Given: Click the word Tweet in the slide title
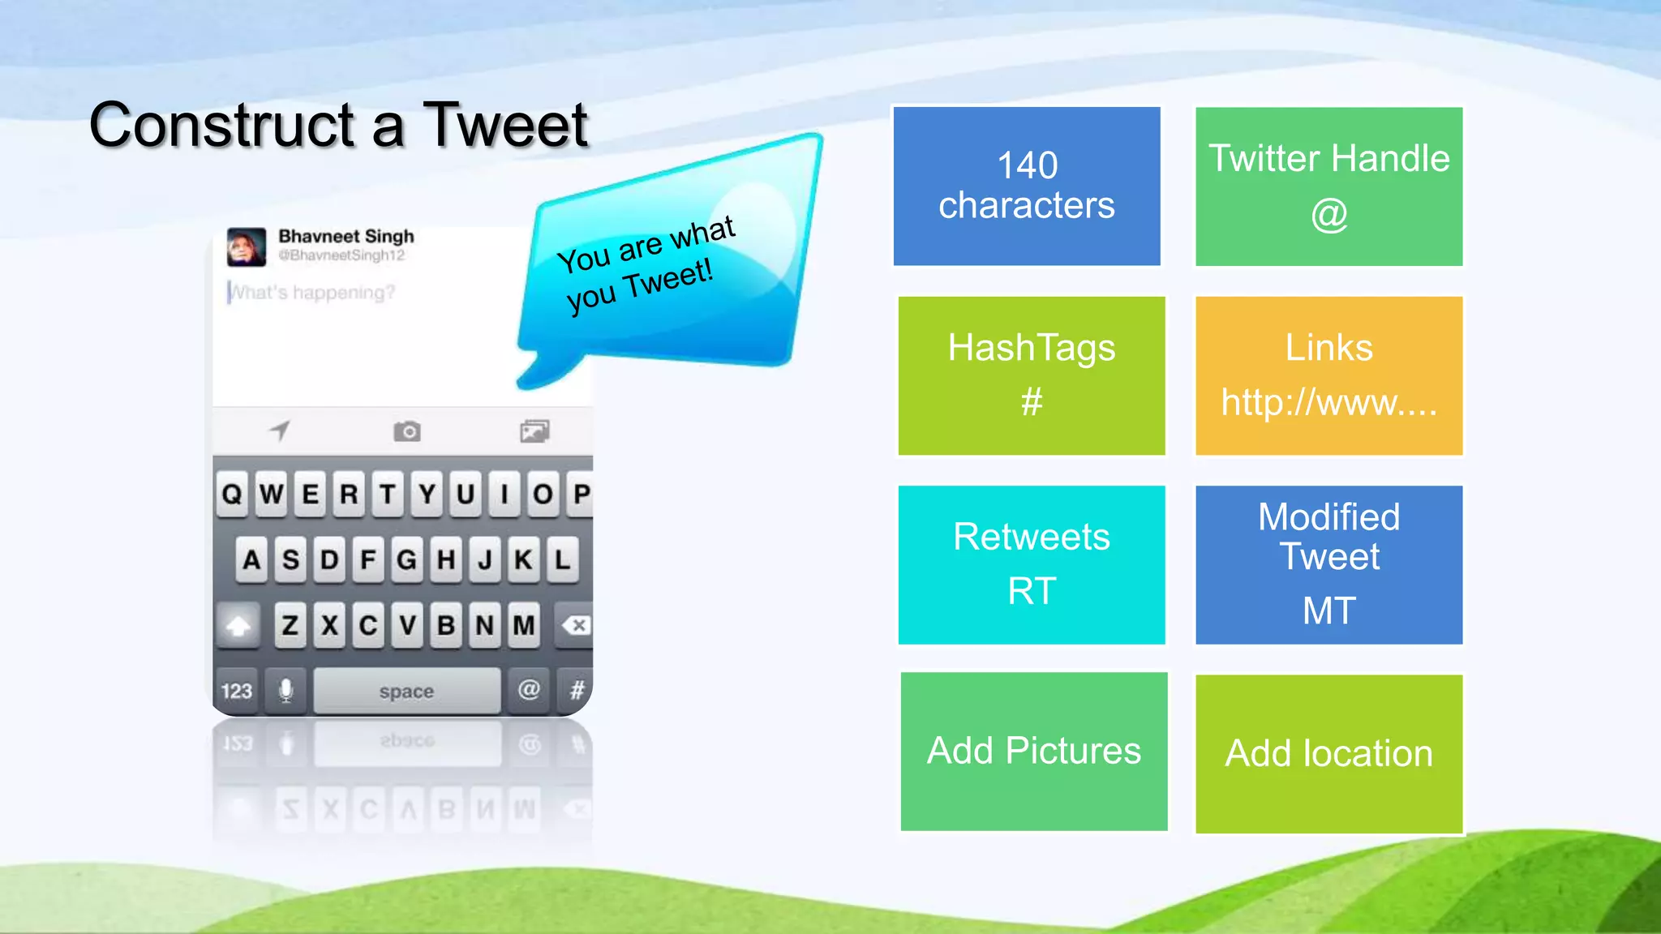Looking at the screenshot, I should (505, 126).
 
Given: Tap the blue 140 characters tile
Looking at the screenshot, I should (1027, 186).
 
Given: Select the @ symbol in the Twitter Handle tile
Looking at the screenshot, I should (1328, 215).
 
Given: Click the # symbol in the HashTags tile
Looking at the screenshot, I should (1031, 401).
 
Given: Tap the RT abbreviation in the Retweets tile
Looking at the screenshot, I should (1032, 591).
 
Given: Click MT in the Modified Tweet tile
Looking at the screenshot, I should (1328, 611).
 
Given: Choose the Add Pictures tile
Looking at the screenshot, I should (1034, 751).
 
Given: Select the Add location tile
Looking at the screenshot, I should (1328, 753).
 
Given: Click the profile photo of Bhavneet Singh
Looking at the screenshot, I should (247, 247).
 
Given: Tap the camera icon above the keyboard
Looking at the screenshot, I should (407, 431).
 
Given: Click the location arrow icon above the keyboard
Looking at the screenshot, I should (280, 431).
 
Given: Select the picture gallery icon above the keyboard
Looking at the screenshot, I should (534, 431).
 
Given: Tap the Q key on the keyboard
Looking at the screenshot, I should (232, 494).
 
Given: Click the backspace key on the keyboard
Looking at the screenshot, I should (576, 625).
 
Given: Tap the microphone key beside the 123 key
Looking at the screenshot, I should (285, 691).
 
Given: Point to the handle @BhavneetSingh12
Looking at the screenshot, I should (341, 255).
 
